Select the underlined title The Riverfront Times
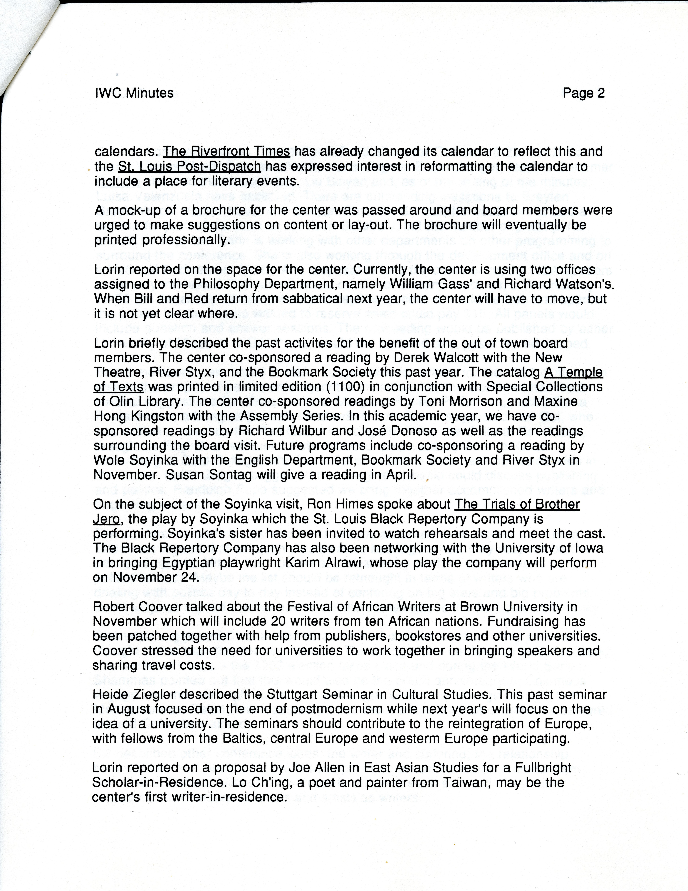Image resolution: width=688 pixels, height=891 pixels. click(227, 152)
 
